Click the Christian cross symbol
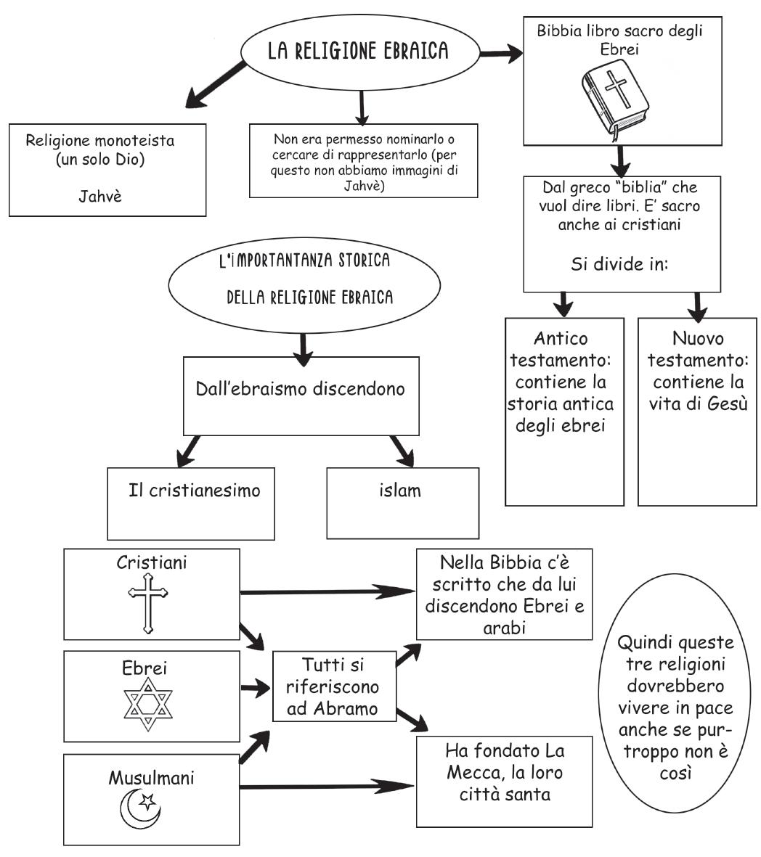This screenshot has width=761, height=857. click(x=148, y=602)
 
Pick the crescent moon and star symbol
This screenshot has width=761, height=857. click(x=140, y=809)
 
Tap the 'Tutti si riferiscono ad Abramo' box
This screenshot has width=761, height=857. click(x=334, y=686)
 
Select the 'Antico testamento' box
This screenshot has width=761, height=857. click(x=564, y=410)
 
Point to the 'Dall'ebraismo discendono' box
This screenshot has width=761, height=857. click(x=300, y=395)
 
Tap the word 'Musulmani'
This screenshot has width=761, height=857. click(x=151, y=778)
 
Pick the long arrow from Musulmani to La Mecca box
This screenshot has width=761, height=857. click(x=327, y=787)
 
